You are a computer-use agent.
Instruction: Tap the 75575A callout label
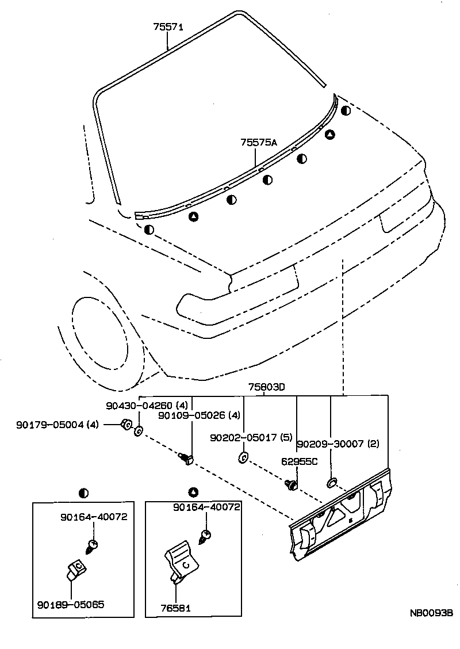(x=259, y=143)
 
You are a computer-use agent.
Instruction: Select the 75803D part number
(x=267, y=387)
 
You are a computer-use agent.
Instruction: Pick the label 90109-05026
(x=191, y=415)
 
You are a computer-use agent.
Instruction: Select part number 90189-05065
(x=71, y=605)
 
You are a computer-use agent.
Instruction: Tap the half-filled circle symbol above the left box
(x=84, y=493)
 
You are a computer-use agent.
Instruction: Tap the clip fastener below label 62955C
(x=292, y=485)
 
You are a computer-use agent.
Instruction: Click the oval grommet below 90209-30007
(x=332, y=480)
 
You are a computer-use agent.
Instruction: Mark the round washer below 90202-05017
(x=243, y=458)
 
